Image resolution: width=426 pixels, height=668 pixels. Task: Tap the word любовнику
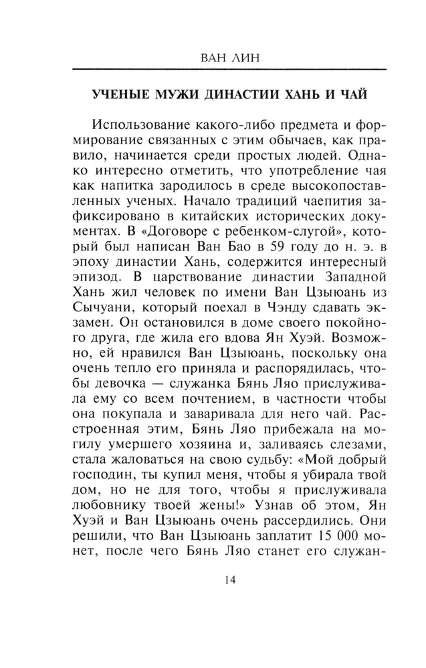[110, 499]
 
